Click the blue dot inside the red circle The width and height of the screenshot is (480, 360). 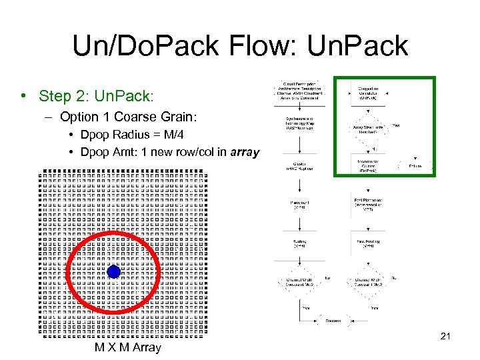coord(114,272)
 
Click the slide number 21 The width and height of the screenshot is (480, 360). coord(446,336)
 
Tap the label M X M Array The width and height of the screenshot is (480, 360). coord(128,347)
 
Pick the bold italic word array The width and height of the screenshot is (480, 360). coord(245,152)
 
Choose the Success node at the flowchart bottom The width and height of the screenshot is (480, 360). coord(333,320)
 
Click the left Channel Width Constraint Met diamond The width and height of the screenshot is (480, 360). coord(299,282)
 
